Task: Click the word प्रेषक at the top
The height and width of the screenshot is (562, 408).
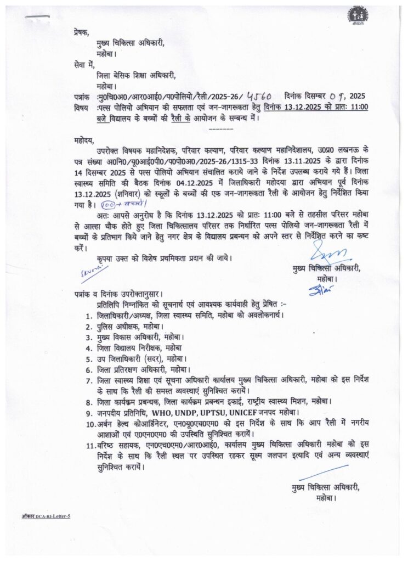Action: point(81,33)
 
